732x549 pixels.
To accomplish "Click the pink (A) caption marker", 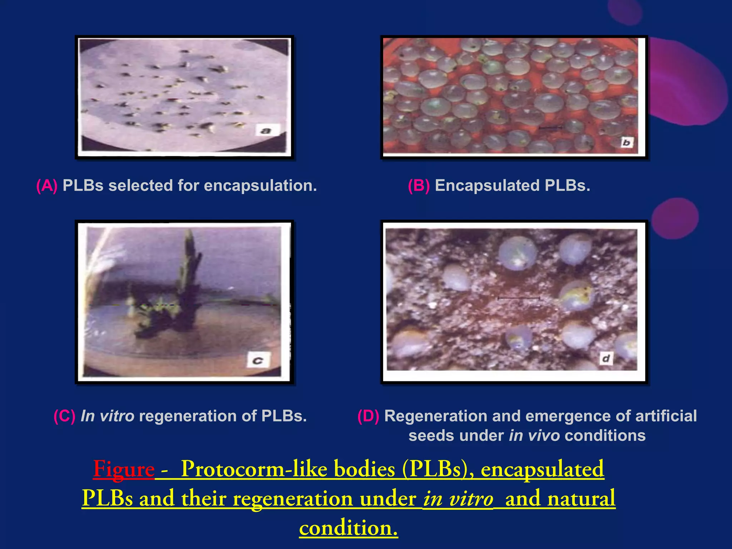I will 47,186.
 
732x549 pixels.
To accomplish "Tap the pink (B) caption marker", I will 419,186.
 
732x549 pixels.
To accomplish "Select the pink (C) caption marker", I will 64,416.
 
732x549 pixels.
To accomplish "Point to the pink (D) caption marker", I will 368,416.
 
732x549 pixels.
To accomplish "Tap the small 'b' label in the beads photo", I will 626,142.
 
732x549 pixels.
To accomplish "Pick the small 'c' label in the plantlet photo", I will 258,360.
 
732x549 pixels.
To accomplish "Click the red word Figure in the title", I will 124,469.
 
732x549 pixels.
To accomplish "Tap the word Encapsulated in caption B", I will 487,186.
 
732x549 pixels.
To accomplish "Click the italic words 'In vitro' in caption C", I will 107,416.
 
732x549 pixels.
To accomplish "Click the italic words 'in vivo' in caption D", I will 534,436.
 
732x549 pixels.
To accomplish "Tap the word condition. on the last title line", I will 348,528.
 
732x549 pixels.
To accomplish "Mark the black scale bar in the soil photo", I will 518,298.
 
